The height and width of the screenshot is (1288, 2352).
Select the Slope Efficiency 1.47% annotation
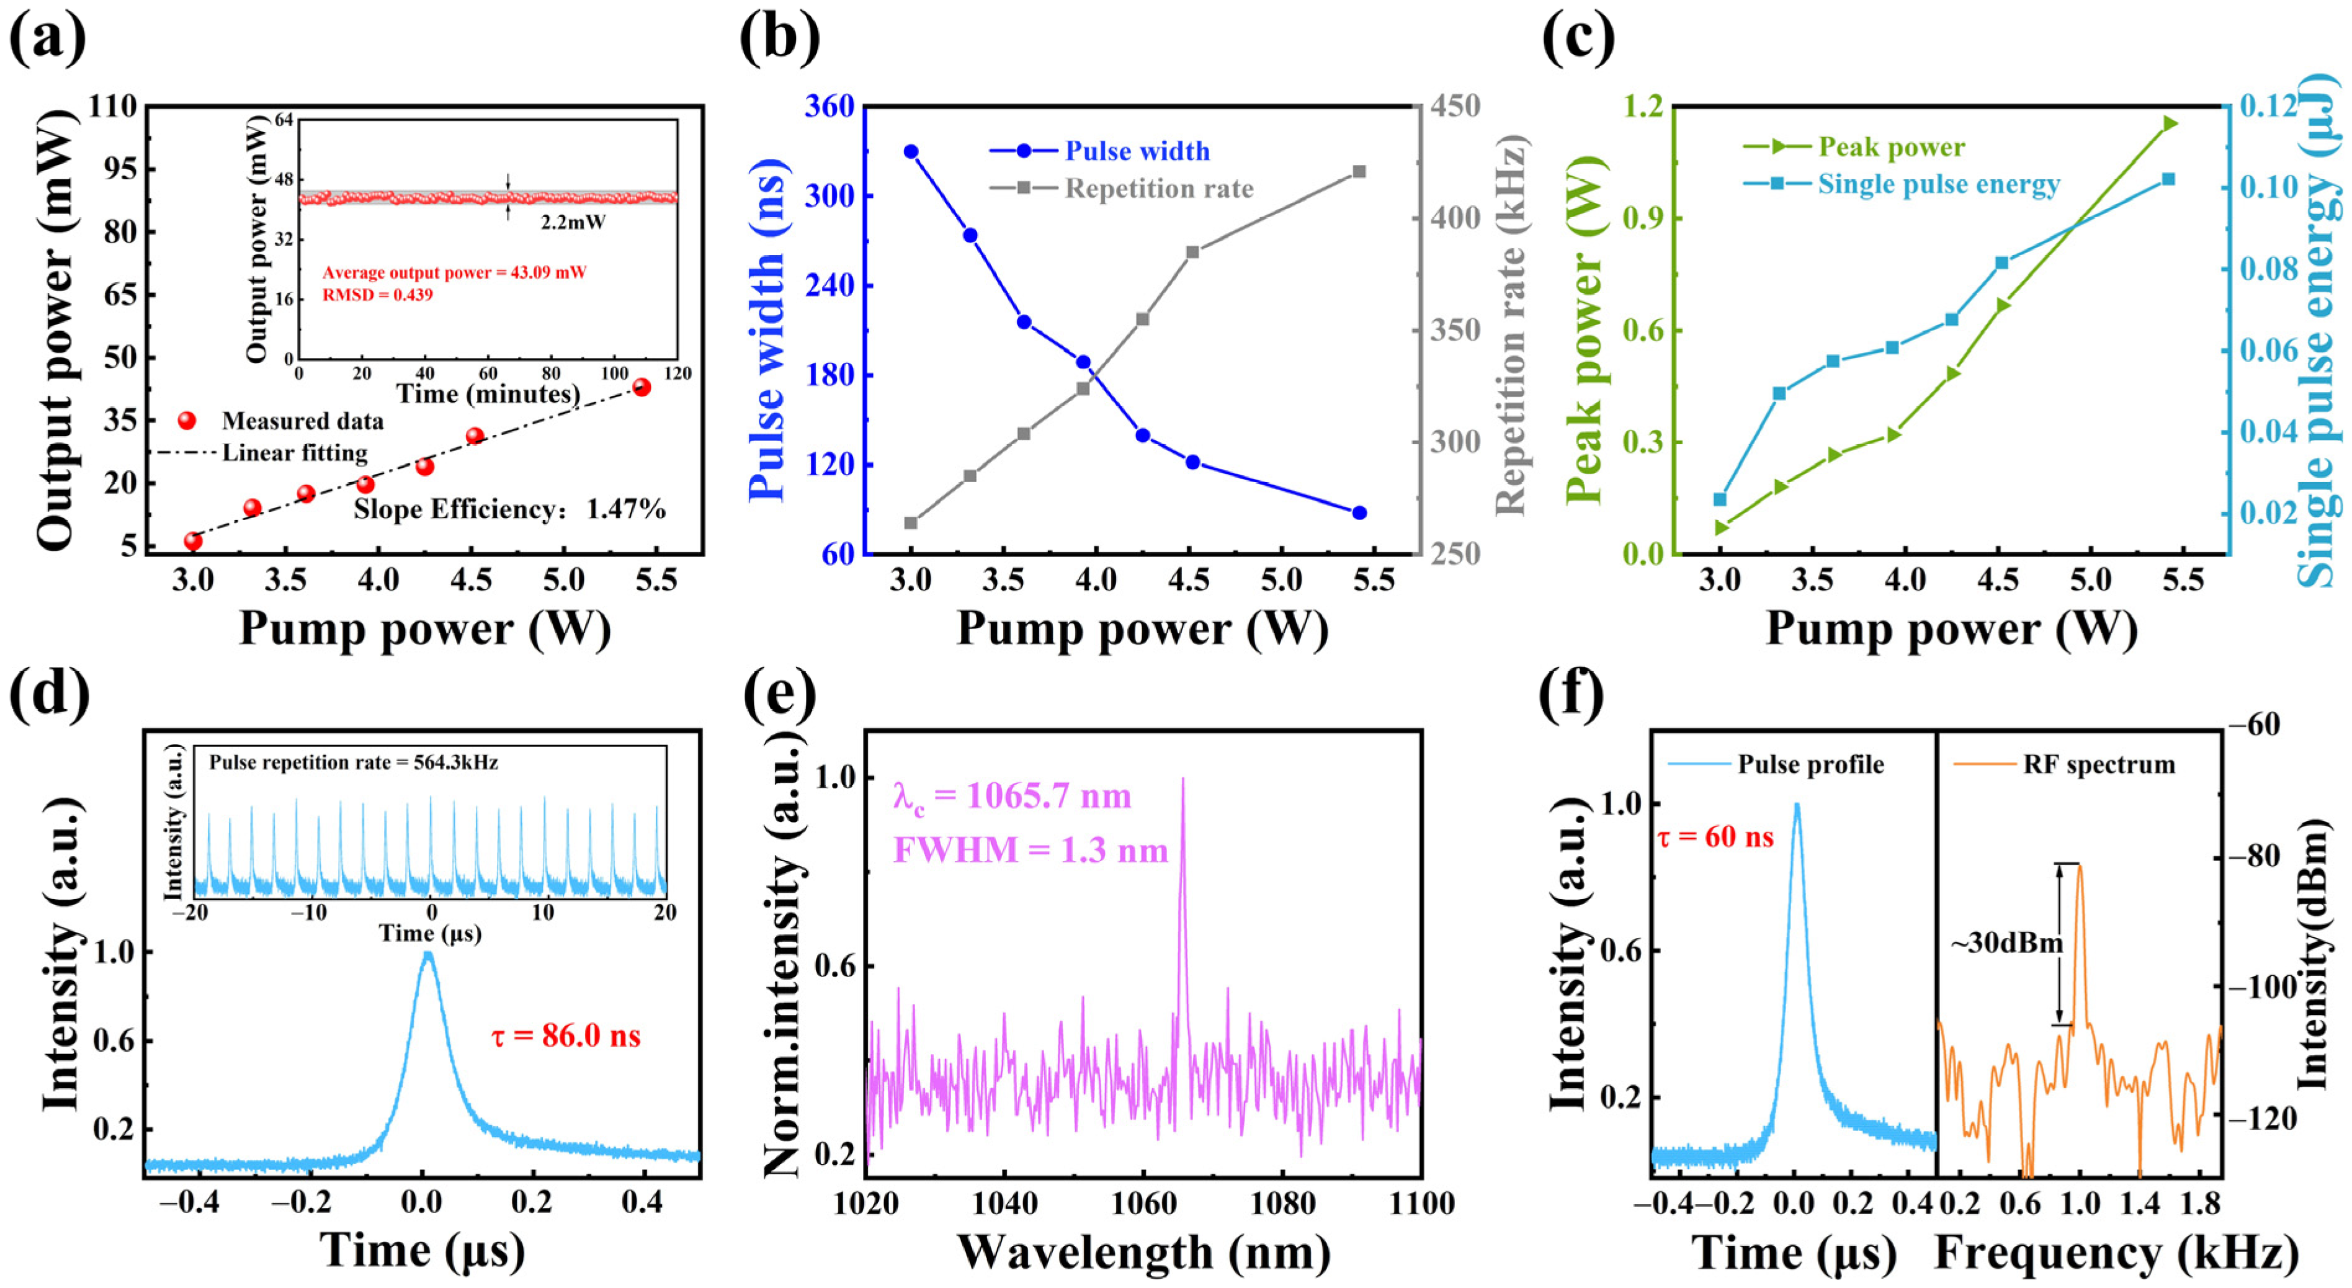509,509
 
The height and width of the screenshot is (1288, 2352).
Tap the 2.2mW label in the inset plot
573,223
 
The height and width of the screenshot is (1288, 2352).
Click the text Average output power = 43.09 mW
454,272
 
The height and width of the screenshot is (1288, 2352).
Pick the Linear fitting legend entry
294,453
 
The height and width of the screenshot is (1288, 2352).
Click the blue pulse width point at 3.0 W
910,151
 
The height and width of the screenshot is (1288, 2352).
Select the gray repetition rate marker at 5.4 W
1359,172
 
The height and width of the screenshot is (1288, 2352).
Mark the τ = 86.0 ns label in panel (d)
566,1036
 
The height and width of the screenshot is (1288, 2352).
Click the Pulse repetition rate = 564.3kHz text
354,763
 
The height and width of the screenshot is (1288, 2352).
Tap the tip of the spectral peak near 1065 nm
1183,779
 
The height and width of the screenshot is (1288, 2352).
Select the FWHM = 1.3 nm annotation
1030,851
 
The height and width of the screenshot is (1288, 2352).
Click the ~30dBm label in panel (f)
2007,943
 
